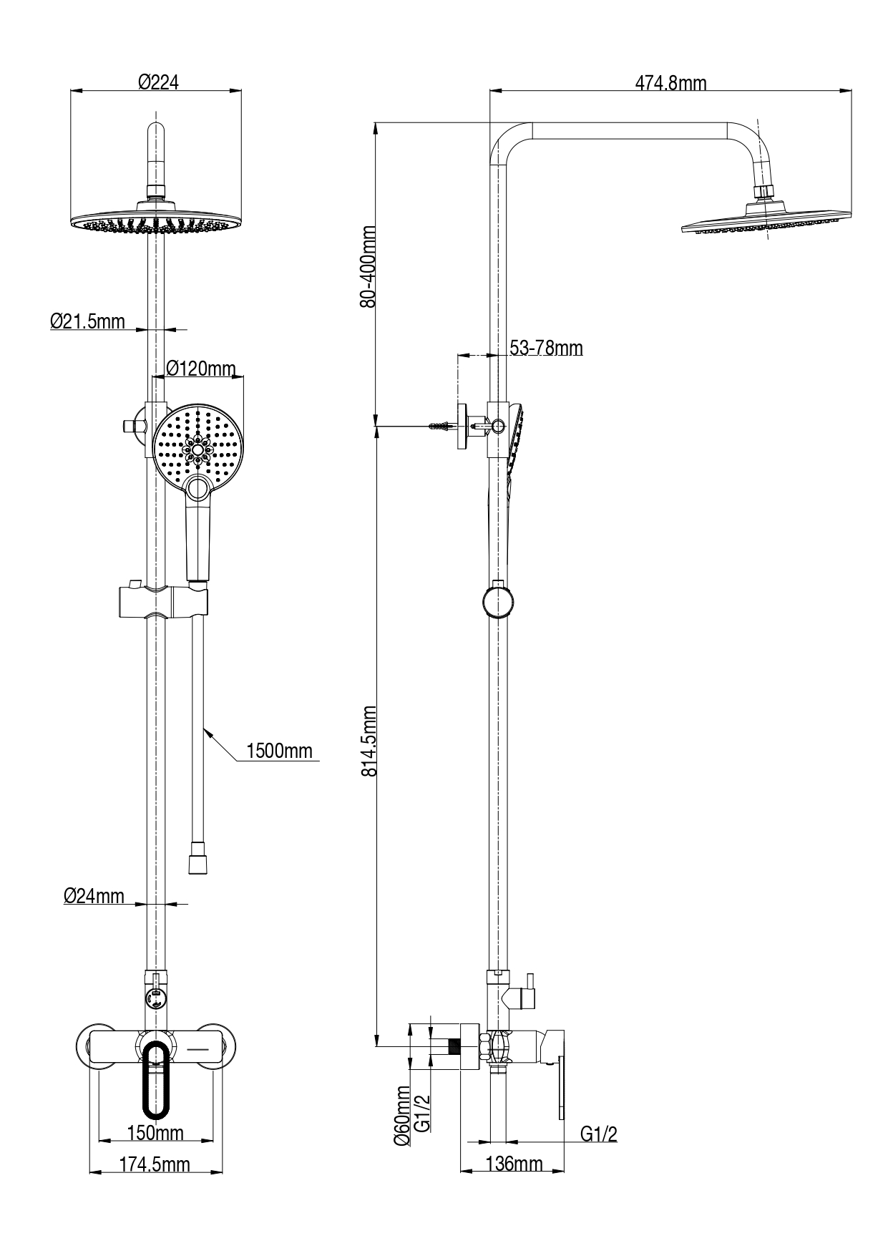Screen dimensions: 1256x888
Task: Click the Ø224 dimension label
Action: pyautogui.click(x=157, y=82)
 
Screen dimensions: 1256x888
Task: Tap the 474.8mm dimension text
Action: pyautogui.click(x=670, y=83)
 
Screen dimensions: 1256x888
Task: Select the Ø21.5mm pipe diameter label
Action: pyautogui.click(x=87, y=321)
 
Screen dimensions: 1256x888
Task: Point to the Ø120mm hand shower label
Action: pyautogui.click(x=200, y=369)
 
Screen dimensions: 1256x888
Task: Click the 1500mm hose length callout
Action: pyautogui.click(x=279, y=751)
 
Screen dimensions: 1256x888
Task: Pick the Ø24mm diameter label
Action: pyautogui.click(x=94, y=895)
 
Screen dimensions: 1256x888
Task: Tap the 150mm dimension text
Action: pyautogui.click(x=155, y=1133)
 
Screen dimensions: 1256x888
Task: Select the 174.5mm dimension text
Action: pyautogui.click(x=155, y=1164)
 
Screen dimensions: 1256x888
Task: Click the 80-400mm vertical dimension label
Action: pyautogui.click(x=368, y=266)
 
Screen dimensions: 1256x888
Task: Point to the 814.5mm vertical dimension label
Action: pyautogui.click(x=368, y=741)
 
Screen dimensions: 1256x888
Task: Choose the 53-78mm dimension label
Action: pyautogui.click(x=546, y=349)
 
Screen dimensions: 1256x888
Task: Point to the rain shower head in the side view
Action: pyautogui.click(x=766, y=221)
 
